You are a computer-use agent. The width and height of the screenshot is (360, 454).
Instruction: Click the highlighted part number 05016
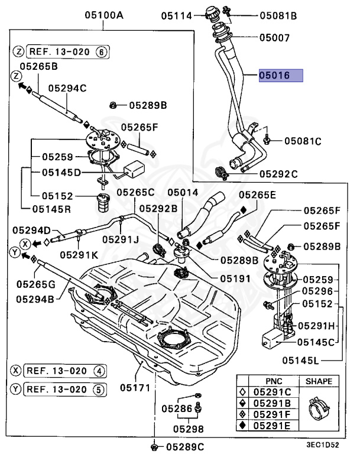tap(274, 75)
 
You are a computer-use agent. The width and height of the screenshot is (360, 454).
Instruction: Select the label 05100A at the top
tap(104, 15)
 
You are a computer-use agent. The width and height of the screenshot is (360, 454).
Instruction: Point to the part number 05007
tap(274, 38)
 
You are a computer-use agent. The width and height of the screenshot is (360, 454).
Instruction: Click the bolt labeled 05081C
tap(267, 140)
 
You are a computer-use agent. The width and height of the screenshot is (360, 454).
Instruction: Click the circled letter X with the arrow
tap(25, 244)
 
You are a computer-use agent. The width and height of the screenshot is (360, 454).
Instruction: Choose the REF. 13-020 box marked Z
tap(68, 52)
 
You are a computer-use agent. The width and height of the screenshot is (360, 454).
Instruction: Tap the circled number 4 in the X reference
tap(99, 371)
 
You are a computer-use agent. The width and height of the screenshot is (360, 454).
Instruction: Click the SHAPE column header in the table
tap(319, 381)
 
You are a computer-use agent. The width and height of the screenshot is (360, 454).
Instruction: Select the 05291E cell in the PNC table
tap(272, 426)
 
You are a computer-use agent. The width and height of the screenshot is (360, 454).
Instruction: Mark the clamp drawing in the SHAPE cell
tap(319, 409)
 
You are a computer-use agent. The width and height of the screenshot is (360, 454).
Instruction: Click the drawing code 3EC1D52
tap(323, 445)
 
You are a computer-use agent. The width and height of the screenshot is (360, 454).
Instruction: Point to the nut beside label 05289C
tap(154, 446)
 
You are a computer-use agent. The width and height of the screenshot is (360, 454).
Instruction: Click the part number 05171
tap(135, 387)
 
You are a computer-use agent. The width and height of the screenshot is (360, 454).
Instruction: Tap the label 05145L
tap(300, 361)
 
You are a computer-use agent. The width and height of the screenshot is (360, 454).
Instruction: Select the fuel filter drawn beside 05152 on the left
tap(103, 202)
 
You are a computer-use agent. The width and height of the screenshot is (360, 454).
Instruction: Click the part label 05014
tap(183, 193)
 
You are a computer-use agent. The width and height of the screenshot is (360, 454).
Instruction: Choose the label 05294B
tap(35, 299)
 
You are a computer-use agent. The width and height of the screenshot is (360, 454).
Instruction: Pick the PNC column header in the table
tap(274, 381)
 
